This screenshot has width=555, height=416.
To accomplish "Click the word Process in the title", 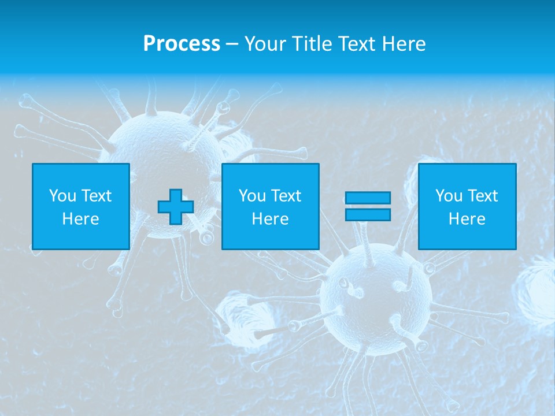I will [x=182, y=44].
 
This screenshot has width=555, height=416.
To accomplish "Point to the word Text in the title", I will [x=359, y=44].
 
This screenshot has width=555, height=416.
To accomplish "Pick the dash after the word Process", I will [x=232, y=44].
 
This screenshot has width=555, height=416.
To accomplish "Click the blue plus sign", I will [x=176, y=207].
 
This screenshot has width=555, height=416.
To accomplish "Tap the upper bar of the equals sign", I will [x=368, y=198].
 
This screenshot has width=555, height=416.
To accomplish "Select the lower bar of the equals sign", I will [x=368, y=214].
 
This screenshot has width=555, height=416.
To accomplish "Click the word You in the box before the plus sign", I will [x=62, y=196].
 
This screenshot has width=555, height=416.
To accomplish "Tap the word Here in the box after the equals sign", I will [x=467, y=219].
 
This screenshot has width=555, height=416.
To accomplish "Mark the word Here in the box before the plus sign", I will [x=81, y=219].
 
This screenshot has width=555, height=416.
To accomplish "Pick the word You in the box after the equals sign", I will [x=449, y=196].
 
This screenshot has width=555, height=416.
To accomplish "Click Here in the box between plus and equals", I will [x=271, y=219].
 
